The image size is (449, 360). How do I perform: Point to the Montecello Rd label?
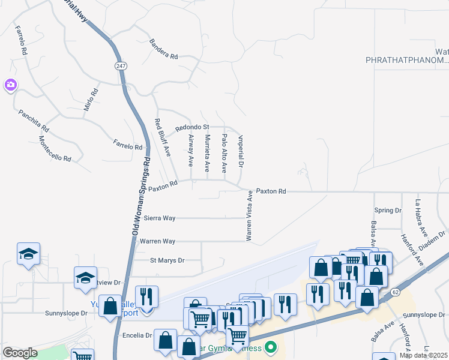55,148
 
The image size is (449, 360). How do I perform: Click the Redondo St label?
191,127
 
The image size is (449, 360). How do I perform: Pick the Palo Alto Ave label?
224,151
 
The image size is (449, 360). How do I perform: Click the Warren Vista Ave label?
248,215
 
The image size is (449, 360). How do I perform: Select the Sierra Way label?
159,218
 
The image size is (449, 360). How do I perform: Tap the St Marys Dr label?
167,260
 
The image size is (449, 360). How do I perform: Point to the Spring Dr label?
388,211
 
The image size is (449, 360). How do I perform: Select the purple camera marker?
10,85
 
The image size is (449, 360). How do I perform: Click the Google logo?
20,353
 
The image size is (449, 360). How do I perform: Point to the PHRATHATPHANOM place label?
408,60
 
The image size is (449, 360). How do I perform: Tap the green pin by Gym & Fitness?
272,347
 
